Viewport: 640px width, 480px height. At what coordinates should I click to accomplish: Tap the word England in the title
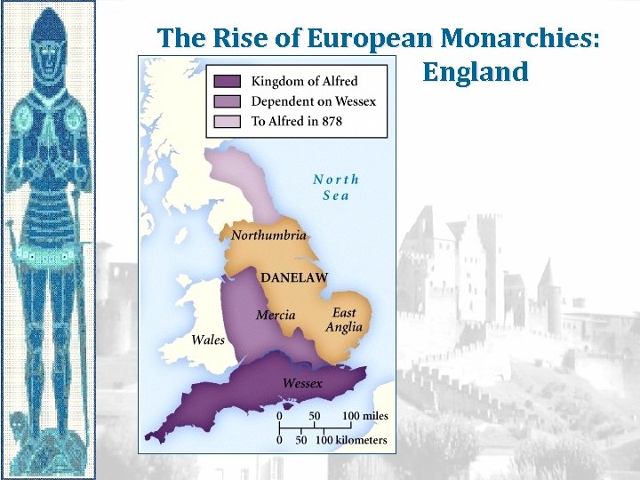(x=476, y=71)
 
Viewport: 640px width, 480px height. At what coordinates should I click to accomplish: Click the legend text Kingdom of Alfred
(x=304, y=82)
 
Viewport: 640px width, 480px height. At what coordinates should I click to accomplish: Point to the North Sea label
(x=336, y=187)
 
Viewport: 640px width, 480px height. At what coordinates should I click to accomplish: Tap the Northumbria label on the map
(x=268, y=236)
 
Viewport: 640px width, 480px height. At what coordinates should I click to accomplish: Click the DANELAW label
(x=293, y=277)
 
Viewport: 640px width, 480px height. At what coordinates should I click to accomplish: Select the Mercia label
(x=276, y=316)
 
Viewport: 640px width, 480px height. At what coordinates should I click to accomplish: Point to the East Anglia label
(x=344, y=320)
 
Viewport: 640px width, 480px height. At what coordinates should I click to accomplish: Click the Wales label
(x=208, y=340)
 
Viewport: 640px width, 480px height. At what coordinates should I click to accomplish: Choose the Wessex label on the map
(x=302, y=383)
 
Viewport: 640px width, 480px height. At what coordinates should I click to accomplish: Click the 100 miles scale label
(x=364, y=416)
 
